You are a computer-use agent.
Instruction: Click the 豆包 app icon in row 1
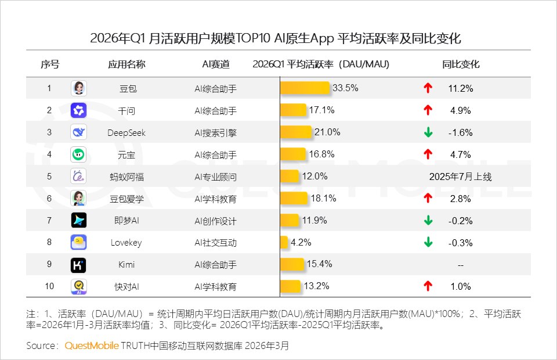79,88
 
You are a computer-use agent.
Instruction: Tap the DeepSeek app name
126,132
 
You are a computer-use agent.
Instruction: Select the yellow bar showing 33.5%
306,88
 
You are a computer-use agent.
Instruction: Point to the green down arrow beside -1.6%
428,132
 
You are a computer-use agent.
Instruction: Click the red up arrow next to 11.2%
428,88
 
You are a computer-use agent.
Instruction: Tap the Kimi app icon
79,265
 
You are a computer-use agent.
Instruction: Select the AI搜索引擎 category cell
215,132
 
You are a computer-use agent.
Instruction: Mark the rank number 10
49,286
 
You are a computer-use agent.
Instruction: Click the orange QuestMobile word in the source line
92,345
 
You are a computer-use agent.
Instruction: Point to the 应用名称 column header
126,64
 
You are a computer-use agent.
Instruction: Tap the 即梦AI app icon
79,221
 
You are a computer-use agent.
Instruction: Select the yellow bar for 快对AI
290,286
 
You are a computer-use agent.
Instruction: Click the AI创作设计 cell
215,221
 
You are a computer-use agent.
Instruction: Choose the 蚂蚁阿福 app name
126,177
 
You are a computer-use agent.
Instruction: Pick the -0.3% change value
461,243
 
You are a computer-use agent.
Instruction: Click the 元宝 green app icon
79,154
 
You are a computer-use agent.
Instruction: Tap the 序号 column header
49,64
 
